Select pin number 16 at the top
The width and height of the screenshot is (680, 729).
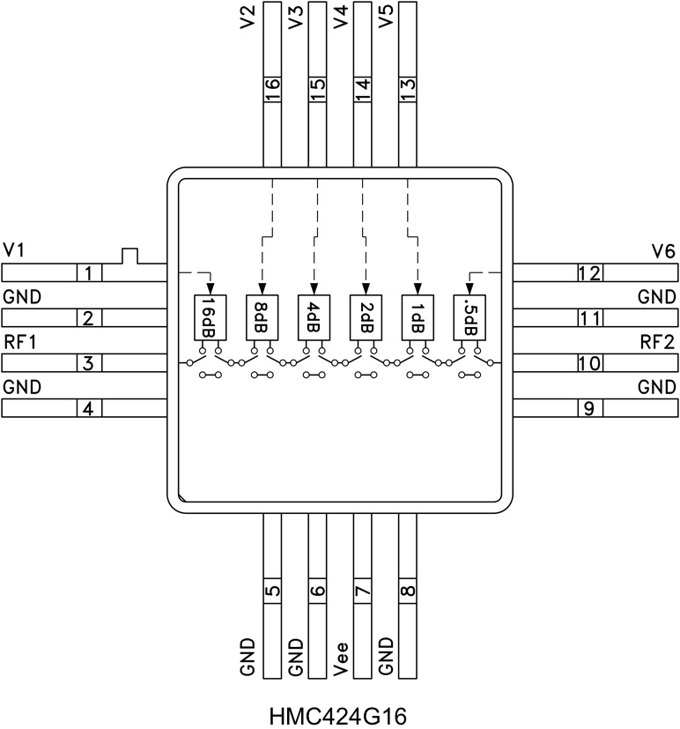pos(272,90)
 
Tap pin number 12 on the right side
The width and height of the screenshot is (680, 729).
pos(589,273)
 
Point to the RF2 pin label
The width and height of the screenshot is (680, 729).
pos(657,341)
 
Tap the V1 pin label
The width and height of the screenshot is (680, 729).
pos(14,251)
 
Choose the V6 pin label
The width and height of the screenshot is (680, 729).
pos(663,251)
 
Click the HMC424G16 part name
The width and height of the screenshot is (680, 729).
pos(338,714)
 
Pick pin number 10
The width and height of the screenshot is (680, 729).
pos(589,363)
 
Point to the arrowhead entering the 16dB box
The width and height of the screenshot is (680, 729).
pos(210,289)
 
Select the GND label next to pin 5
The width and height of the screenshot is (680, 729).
pos(248,658)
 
